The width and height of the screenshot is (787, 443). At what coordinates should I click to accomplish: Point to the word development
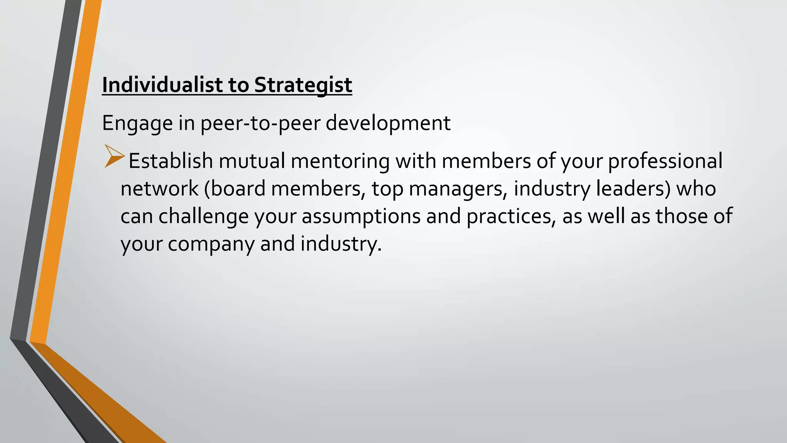tap(388, 123)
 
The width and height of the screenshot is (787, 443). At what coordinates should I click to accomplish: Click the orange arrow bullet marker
tap(114, 156)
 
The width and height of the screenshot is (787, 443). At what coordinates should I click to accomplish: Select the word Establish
tap(171, 161)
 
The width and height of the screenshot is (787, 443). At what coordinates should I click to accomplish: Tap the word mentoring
tap(340, 161)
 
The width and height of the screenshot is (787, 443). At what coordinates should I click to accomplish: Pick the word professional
tap(665, 161)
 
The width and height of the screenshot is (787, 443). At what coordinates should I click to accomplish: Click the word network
tap(159, 188)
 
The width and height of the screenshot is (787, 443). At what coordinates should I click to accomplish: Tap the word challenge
tap(204, 216)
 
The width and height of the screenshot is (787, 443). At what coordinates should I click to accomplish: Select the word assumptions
tap(361, 216)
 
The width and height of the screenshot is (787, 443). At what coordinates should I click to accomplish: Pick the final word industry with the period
tap(341, 244)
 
